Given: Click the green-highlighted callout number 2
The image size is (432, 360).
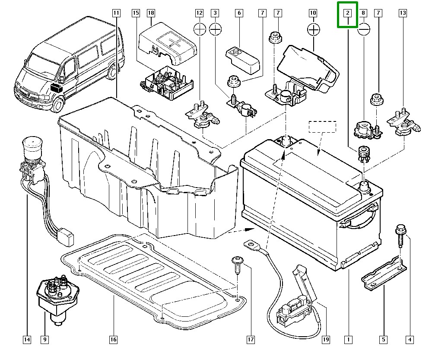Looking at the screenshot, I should pos(348,13).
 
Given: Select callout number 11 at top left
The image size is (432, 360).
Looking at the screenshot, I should pos(116,13).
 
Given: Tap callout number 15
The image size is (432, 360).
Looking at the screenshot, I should pos(136,13).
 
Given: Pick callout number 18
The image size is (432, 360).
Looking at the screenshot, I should pos(151,13).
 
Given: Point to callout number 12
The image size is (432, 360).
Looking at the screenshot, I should pos(200,13).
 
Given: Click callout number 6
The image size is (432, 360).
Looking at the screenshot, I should pos(238,13).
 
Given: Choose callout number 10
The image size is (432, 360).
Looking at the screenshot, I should pos(313,13).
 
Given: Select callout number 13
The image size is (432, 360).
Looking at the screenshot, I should pos(403,13).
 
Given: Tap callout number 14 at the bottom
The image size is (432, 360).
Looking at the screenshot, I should pos(27,340).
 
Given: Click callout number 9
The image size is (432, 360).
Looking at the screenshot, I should pos(44,340).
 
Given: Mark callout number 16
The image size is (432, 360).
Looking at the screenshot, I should pos(113,340).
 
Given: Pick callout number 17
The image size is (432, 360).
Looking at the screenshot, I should pos(251,340).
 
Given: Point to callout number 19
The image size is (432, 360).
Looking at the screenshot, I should pos(326,340).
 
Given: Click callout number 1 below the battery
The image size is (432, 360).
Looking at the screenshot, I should pos(348,340).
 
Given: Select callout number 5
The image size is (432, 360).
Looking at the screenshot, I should pos(383,340).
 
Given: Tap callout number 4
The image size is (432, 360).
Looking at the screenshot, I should pos(409,340).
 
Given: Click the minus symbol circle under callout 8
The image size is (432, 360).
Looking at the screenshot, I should pos(364,29).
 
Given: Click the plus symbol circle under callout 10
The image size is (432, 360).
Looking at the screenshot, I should pos(313,29).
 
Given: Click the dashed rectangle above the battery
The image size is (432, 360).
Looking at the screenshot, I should pos(322,127).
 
